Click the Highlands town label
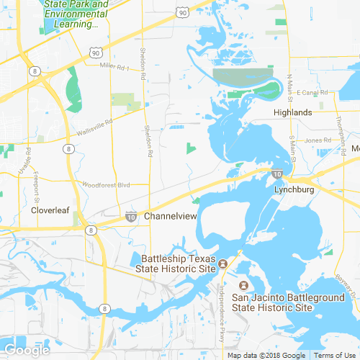(x=292, y=112)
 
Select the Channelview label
(x=171, y=216)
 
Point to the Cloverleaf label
(x=49, y=210)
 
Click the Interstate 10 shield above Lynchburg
(x=276, y=174)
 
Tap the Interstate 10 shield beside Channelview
(x=130, y=216)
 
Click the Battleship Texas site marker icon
(x=223, y=263)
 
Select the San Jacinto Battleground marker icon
(x=243, y=286)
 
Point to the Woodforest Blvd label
(x=106, y=185)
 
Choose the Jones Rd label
(x=316, y=140)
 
